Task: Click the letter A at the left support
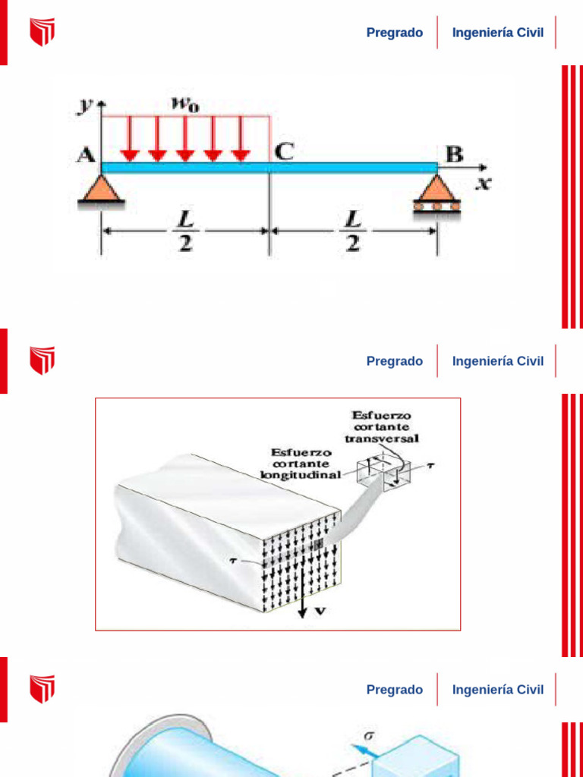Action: click(x=86, y=155)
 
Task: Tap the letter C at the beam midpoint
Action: click(x=283, y=152)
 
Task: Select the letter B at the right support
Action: click(x=455, y=155)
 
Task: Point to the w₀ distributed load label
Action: click(x=185, y=104)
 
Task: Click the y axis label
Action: click(x=85, y=105)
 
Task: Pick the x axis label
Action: click(x=483, y=182)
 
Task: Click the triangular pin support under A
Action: click(x=100, y=190)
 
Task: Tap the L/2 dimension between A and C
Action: click(x=184, y=231)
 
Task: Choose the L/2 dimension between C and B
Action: click(x=353, y=231)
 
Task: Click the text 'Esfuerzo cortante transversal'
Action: click(x=382, y=426)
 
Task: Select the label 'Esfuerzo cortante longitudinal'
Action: click(x=301, y=463)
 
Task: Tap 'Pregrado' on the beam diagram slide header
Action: click(x=395, y=33)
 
